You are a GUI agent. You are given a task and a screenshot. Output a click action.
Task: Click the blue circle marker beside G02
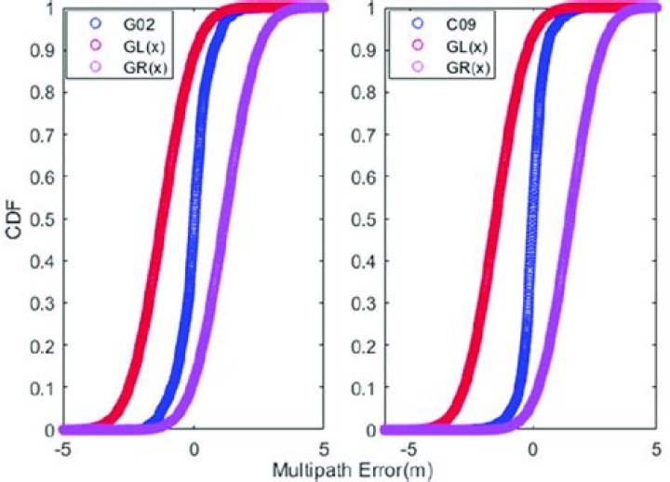coord(93,22)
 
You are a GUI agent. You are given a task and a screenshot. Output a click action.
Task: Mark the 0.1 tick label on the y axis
coord(41,388)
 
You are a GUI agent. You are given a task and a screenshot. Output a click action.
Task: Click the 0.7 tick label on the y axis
coord(41,134)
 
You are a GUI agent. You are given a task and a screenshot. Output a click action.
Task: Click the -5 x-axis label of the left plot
coord(61,448)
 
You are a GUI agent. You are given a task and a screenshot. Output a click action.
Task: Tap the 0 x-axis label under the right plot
coord(531,448)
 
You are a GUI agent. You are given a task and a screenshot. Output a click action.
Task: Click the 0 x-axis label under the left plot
coord(194,448)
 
